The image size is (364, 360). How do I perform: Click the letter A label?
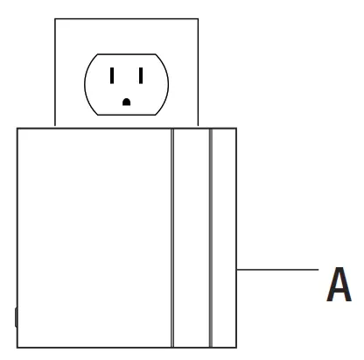(x=339, y=284)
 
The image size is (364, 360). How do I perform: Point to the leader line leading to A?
(x=277, y=270)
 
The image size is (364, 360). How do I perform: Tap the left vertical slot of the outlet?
(x=112, y=75)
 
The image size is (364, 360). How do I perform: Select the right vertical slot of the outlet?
(x=141, y=75)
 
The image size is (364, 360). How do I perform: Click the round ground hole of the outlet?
(x=126, y=102)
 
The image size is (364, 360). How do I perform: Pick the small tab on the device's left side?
(x=16, y=317)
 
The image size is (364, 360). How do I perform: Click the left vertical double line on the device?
(x=172, y=238)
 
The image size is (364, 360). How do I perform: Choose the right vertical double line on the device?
(x=211, y=238)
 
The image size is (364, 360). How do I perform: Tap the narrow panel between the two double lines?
(x=192, y=238)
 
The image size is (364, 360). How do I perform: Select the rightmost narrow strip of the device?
(x=224, y=238)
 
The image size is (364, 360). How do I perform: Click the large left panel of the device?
(x=94, y=238)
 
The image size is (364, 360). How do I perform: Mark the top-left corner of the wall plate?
(x=55, y=19)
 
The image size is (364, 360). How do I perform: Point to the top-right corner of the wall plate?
(x=199, y=19)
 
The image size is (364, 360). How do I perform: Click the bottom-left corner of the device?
(x=17, y=348)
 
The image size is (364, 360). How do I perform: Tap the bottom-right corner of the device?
(x=236, y=348)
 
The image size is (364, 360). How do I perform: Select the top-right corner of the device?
(x=236, y=128)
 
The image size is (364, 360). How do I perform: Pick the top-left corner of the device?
(x=17, y=128)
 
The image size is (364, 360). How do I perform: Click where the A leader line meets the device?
(x=236, y=270)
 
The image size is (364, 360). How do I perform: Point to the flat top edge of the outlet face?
(x=126, y=54)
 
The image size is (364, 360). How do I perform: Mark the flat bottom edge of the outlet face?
(x=126, y=115)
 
